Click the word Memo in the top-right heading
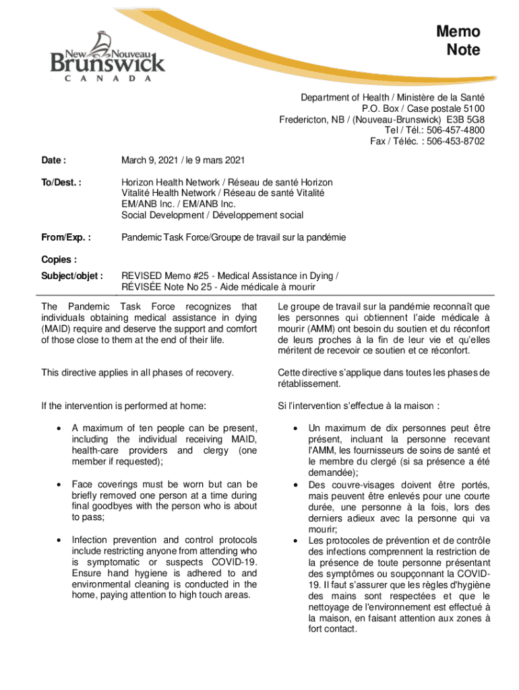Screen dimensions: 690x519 458,32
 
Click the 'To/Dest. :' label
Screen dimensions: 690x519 61,183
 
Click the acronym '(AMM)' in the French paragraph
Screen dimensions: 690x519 322,328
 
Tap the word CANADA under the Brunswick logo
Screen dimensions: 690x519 108,77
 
